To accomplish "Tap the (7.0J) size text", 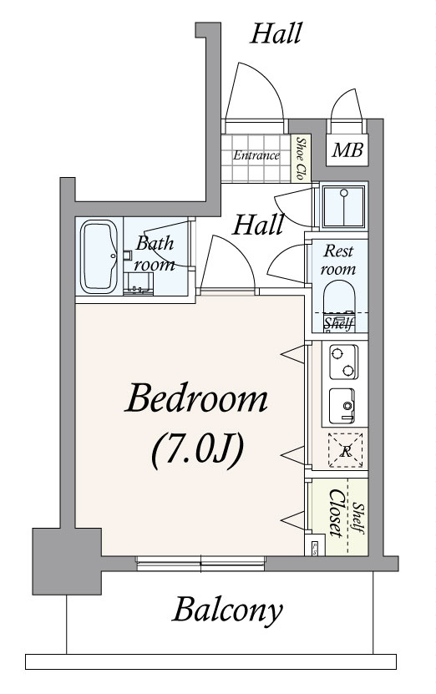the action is click(x=197, y=452).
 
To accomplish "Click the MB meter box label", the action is click(x=347, y=150).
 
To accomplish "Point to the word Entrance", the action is click(x=256, y=155).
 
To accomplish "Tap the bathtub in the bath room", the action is click(x=99, y=256).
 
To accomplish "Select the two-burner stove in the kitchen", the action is click(x=343, y=362).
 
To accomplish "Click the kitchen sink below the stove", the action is click(x=342, y=405).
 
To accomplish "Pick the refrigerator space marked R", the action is click(x=345, y=451).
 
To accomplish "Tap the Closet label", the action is click(x=336, y=514).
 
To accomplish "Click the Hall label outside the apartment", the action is click(x=276, y=33).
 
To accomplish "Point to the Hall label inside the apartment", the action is click(x=258, y=225).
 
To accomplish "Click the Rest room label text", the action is click(x=339, y=260).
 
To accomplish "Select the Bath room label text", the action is click(x=155, y=254).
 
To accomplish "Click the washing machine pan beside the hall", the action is click(x=343, y=206).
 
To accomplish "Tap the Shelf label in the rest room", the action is click(x=339, y=324).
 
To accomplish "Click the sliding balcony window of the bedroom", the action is click(x=200, y=563).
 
